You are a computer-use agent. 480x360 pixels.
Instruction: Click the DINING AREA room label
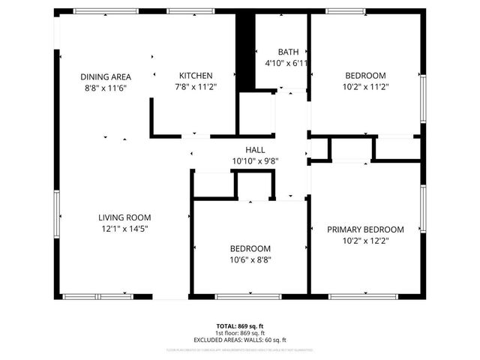pos(106,76)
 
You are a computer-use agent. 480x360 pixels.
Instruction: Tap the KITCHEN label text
pos(196,76)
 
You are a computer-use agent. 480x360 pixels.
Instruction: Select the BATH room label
pos(288,52)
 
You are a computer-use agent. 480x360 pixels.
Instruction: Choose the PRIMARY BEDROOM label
pos(365,229)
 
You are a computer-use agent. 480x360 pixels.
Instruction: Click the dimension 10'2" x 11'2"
pos(365,87)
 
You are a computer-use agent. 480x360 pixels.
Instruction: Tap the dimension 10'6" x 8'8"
pos(250,260)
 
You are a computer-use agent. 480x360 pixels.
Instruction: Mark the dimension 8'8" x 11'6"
pos(106,88)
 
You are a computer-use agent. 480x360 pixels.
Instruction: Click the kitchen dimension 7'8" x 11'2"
pos(196,87)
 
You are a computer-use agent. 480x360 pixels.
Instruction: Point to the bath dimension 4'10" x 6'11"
pos(287,63)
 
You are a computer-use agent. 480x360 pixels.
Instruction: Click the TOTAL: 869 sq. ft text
pos(240,325)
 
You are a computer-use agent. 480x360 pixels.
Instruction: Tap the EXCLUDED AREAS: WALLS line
pos(240,339)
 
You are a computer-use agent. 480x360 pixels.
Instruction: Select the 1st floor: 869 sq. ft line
pos(240,332)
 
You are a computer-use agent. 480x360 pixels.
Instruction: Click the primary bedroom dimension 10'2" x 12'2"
pos(365,241)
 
